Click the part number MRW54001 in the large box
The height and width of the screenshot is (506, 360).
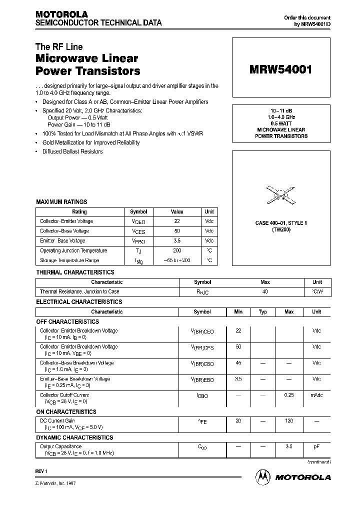(x=280, y=70)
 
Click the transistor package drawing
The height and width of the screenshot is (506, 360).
(x=281, y=194)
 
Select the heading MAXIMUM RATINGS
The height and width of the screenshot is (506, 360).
(x=61, y=202)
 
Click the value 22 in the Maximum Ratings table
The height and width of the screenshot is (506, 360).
(x=177, y=221)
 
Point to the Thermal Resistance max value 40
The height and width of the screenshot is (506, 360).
(x=265, y=291)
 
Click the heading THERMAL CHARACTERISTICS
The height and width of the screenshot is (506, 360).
(x=75, y=272)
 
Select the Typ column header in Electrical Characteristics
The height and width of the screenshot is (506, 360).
(x=263, y=311)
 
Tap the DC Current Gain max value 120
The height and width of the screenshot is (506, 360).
(x=289, y=421)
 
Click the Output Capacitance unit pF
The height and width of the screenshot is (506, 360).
(x=316, y=446)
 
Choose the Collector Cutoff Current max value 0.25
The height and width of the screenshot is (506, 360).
(x=289, y=395)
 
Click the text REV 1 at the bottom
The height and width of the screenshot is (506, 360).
(x=41, y=471)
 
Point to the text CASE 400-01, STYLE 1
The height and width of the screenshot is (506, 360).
(x=281, y=223)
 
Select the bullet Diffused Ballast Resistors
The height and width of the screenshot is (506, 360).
(x=71, y=151)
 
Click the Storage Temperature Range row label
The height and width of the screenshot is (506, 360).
(x=69, y=260)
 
